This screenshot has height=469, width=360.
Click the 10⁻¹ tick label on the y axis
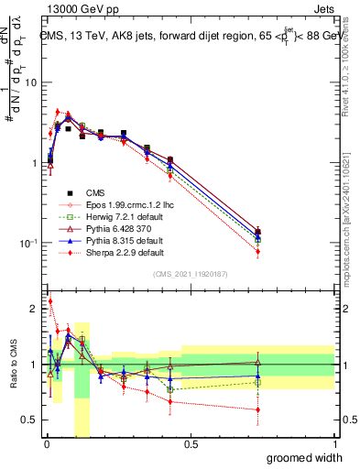(27, 244)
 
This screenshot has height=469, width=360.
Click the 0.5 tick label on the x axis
(191, 445)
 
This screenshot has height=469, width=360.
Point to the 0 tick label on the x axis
(46, 445)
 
